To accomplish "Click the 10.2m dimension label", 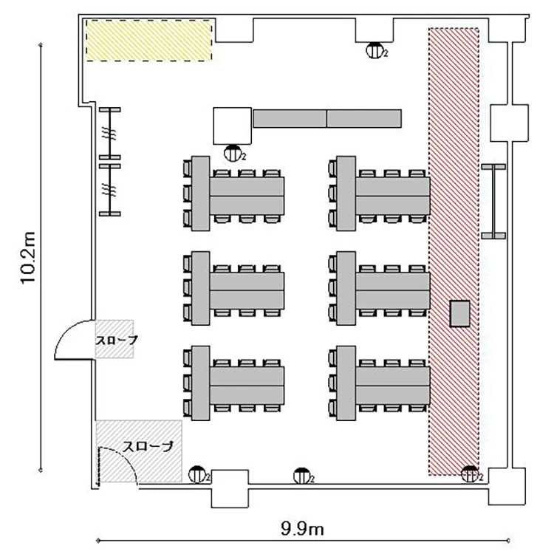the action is coord(28,257).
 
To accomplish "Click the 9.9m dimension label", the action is coord(302,529).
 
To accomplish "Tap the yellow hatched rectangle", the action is coord(149,41).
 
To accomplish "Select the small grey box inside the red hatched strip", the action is coord(459,313).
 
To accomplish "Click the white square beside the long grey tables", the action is coord(232,126).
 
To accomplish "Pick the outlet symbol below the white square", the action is coord(233,154).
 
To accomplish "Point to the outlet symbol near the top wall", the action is coord(375,50).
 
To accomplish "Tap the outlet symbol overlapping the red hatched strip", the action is coord(471,474).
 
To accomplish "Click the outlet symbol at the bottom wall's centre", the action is coord(302,476).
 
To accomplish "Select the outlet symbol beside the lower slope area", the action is coord(198,474).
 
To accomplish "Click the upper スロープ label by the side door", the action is coord(116,341).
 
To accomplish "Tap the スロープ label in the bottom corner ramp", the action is coord(148,447).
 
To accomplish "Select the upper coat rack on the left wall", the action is coord(110,134).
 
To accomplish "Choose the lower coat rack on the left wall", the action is coord(110,190).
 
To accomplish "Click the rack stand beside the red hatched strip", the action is coord(493,202).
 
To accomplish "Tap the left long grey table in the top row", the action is coord(290,118).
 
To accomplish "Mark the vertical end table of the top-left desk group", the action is coord(200,194).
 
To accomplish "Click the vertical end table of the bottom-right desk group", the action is coord(346,383).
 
